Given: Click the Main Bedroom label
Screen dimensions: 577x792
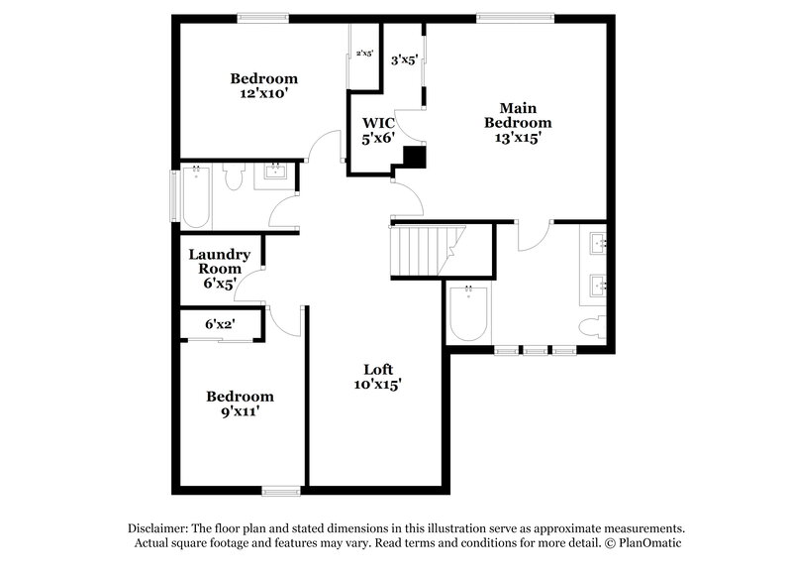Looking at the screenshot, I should click(x=518, y=115).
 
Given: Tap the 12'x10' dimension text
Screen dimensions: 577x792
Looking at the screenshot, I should click(x=264, y=94).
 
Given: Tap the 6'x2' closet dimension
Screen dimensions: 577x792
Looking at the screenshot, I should click(x=219, y=324).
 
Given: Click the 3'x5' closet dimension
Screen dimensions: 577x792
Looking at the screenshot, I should click(x=404, y=59).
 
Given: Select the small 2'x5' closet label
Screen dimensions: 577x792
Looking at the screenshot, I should click(x=364, y=54).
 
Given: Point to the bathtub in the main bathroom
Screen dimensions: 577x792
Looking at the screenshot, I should click(x=467, y=312).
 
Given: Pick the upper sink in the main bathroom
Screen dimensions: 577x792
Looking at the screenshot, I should click(x=598, y=244).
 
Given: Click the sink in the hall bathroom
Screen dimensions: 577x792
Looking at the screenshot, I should click(x=274, y=176).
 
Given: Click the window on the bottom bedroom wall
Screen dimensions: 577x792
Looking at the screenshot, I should click(x=282, y=489).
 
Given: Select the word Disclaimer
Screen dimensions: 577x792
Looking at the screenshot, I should click(x=160, y=528).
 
